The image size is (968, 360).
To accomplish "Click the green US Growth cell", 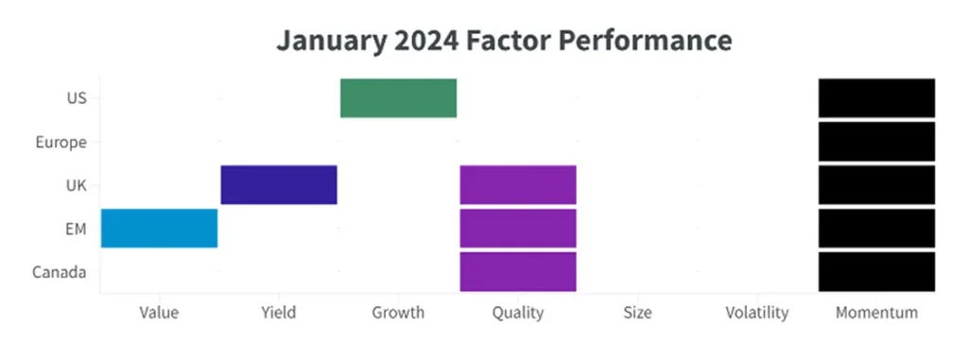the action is click(x=398, y=98).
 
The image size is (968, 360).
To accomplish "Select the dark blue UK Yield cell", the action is click(x=279, y=184).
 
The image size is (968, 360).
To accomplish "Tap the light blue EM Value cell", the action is click(x=159, y=229).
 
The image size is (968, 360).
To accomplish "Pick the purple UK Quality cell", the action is click(x=518, y=184).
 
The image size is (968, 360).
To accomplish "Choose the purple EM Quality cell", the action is click(x=518, y=229).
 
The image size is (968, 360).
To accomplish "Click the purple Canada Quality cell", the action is click(x=518, y=272).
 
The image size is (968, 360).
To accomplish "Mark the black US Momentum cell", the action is click(x=876, y=98).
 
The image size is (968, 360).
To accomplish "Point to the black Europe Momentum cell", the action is click(x=876, y=142).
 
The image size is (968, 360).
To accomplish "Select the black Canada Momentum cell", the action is click(x=876, y=272).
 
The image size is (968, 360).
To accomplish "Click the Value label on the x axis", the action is click(x=159, y=313).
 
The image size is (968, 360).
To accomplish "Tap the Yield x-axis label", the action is click(x=279, y=313).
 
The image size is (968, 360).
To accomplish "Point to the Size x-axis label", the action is click(x=638, y=313).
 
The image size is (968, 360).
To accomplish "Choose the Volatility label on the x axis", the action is click(x=757, y=313).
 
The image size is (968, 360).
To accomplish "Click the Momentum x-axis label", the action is click(x=876, y=313).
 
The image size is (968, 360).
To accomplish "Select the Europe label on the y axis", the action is click(x=60, y=143).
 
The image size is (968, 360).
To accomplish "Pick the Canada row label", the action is click(x=60, y=272).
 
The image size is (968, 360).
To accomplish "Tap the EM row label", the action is click(x=76, y=229).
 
